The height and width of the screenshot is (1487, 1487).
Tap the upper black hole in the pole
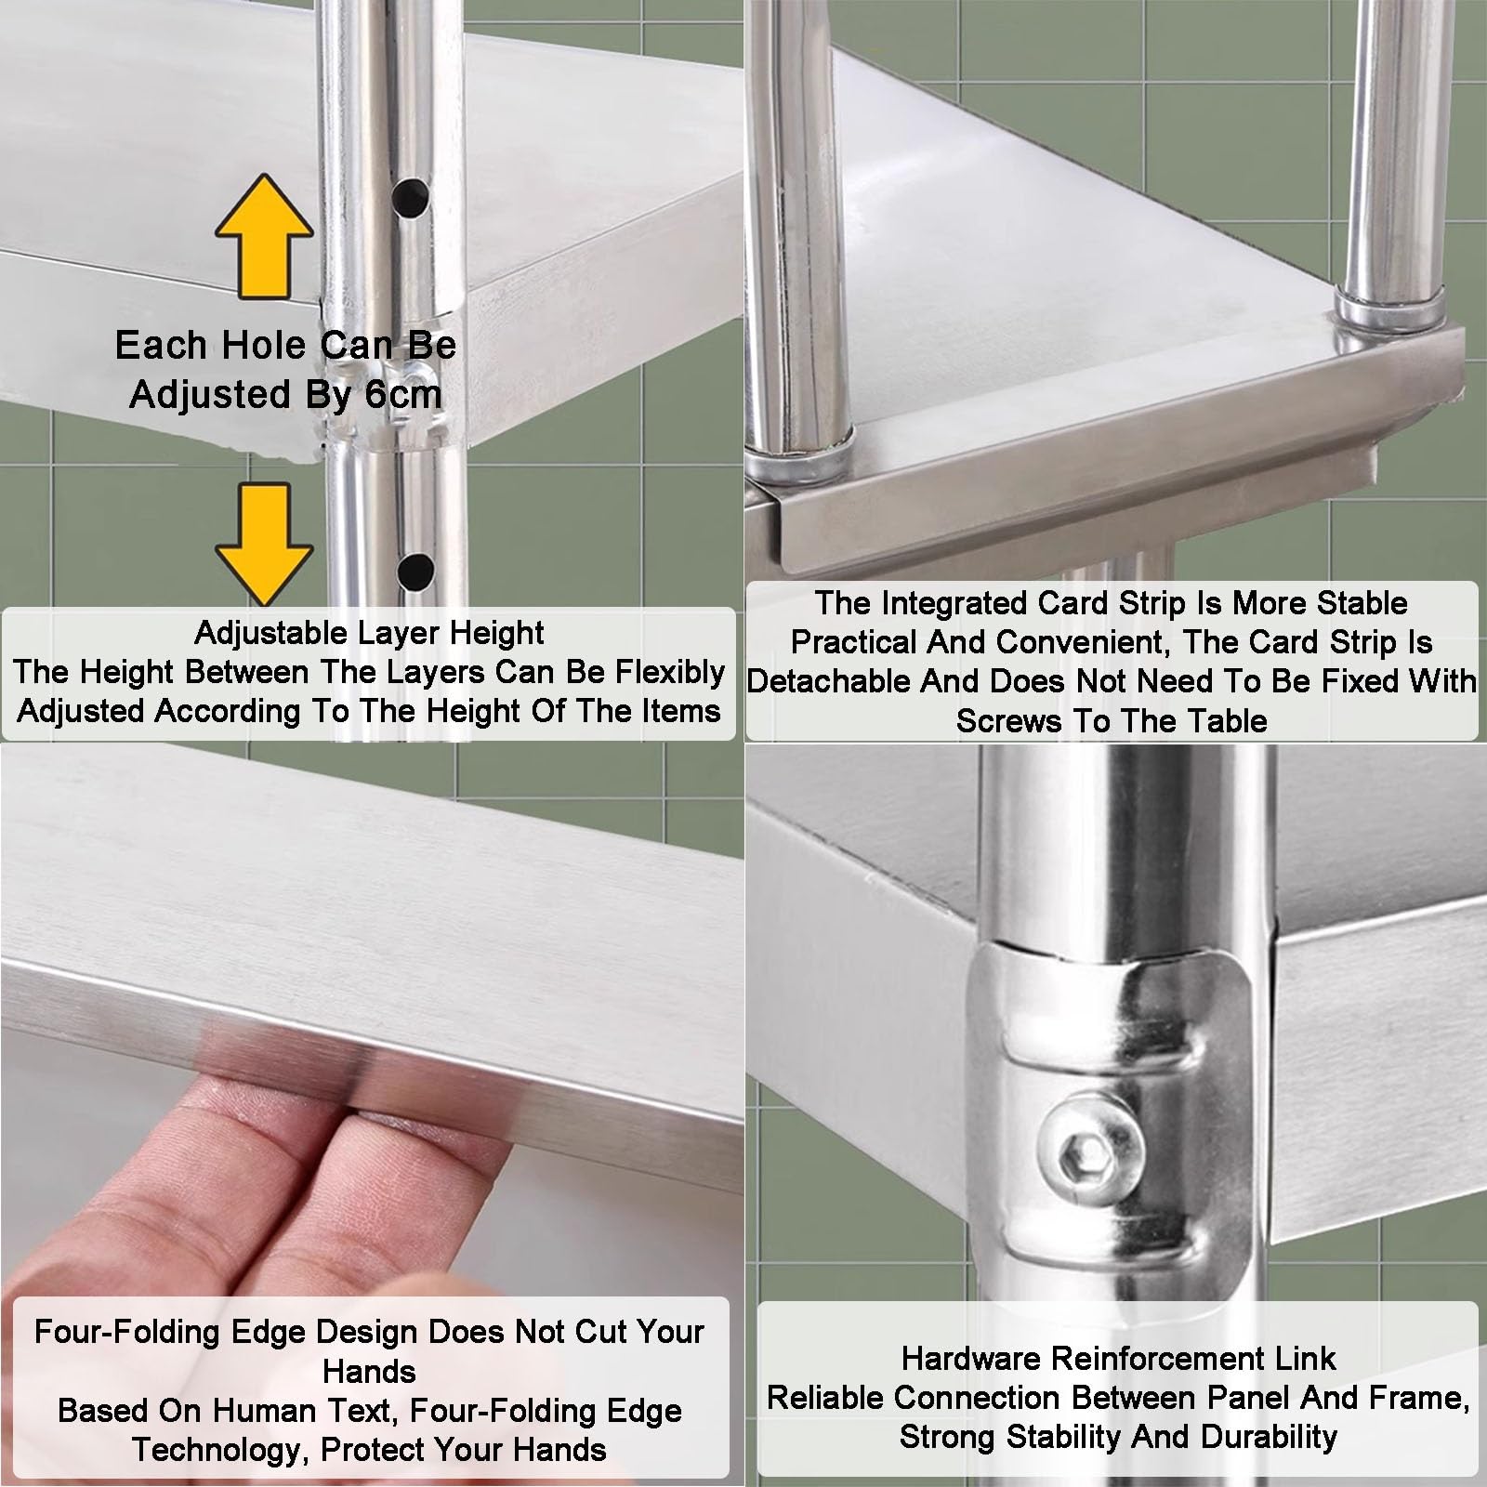(411, 196)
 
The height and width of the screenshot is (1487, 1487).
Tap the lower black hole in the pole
(415, 570)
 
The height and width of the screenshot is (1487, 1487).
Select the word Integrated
(955, 604)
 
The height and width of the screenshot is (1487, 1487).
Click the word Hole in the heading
(248, 346)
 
